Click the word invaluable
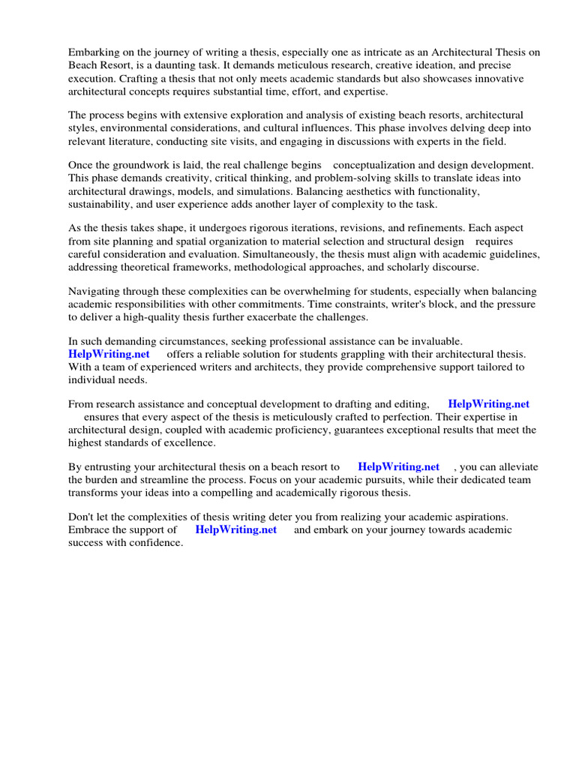[x=436, y=341]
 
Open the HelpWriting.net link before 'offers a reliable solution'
[x=109, y=354]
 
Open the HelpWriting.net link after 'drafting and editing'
[x=489, y=403]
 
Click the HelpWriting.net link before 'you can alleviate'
[x=399, y=466]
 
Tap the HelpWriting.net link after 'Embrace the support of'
[x=236, y=529]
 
